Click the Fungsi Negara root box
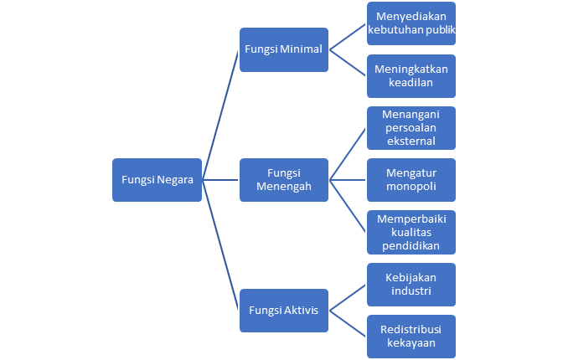[x=157, y=179]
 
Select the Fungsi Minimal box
[x=283, y=49]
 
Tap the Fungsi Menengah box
[x=283, y=179]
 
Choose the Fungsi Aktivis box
[x=283, y=310]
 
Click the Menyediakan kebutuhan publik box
[x=411, y=23]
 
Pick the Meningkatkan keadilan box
[x=411, y=75]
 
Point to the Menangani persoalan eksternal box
[x=411, y=127]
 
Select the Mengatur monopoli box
[x=411, y=179]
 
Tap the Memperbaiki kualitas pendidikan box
[x=411, y=232]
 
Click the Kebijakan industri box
[x=411, y=284]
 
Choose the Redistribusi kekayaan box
[x=411, y=336]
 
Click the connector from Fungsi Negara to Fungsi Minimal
[x=221, y=115]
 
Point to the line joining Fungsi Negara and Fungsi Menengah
[x=221, y=179]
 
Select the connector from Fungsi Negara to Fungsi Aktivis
[x=221, y=244]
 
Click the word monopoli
[x=411, y=187]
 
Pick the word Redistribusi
[x=411, y=328]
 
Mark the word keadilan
[x=411, y=83]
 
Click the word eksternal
[x=411, y=141]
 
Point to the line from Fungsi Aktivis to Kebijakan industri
[x=348, y=296]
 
